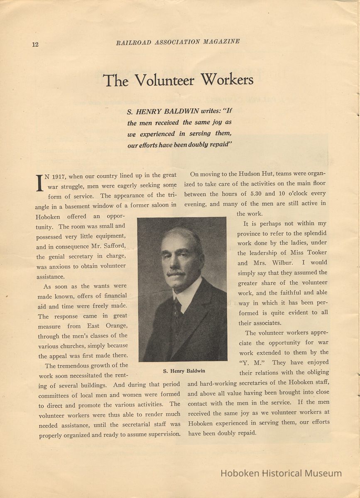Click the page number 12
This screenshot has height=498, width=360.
pyautogui.click(x=35, y=44)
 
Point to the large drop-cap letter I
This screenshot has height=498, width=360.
pyautogui.click(x=39, y=183)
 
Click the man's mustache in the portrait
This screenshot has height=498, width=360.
pyautogui.click(x=176, y=272)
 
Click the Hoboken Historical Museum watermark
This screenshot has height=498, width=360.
pyautogui.click(x=281, y=473)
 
